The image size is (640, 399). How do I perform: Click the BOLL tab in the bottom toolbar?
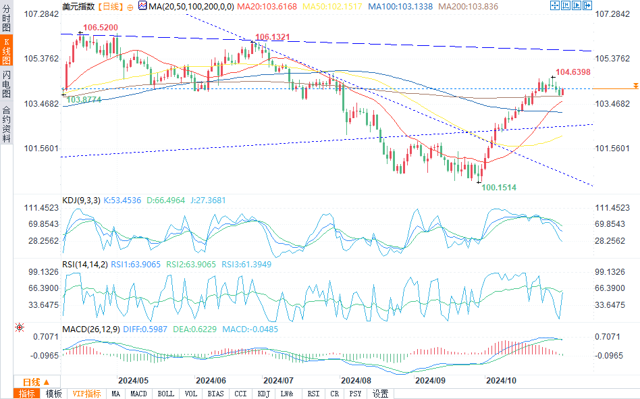(165, 394)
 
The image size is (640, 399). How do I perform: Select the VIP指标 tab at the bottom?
(86, 394)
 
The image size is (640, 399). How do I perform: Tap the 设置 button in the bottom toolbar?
(381, 394)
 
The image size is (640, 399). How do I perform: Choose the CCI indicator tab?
(240, 394)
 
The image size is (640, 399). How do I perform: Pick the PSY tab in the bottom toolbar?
(356, 394)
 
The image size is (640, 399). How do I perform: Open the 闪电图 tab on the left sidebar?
(6, 84)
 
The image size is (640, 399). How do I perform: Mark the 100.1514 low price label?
(500, 186)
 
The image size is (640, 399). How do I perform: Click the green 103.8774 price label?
(85, 99)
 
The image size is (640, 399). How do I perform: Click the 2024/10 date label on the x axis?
(502, 380)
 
